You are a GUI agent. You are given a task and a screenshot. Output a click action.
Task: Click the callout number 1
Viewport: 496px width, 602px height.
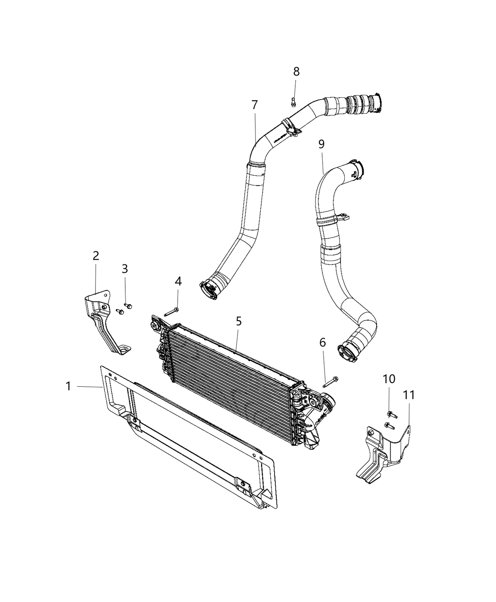point(68,386)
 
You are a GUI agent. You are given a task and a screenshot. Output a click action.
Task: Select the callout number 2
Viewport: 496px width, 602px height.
point(96,256)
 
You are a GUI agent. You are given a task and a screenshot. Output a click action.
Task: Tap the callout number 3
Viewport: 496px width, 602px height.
point(125,269)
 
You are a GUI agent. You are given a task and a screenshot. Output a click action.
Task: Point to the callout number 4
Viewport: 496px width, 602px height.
point(178,281)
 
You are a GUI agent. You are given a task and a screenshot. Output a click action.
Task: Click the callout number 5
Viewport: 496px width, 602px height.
point(239,322)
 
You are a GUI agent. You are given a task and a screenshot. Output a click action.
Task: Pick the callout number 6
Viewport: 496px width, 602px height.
point(323,343)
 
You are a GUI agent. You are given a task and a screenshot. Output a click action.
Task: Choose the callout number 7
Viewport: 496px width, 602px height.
point(255,105)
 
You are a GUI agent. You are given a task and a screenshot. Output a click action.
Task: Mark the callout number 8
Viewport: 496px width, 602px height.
point(296,72)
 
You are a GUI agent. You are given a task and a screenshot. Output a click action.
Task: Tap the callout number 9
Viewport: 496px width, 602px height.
point(321,144)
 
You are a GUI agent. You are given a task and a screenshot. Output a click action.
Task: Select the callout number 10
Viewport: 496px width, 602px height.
point(389,379)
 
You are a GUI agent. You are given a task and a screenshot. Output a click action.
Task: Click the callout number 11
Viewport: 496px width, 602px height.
point(409,395)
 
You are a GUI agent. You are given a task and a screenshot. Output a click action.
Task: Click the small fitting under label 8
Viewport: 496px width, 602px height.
point(293,101)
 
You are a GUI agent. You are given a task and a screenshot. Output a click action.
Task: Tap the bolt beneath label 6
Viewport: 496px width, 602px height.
point(331,382)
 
